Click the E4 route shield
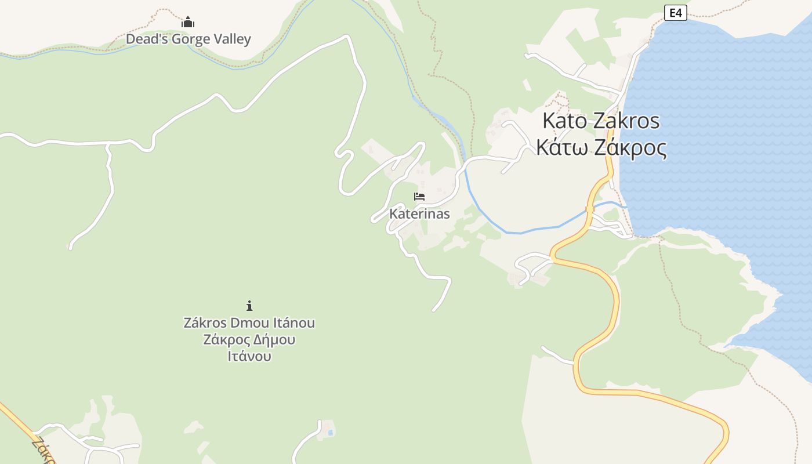(675, 12)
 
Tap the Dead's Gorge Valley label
(188, 39)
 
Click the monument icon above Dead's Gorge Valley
(188, 23)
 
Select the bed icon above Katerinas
(419, 197)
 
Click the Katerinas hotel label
(419, 213)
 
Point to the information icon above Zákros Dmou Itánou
(249, 306)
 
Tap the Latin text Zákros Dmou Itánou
(249, 322)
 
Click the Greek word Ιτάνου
(249, 356)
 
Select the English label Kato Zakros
(601, 121)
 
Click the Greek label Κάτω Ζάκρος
(601, 148)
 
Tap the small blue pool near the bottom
(330, 433)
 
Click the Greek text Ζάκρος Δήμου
(249, 339)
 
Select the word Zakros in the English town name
(628, 121)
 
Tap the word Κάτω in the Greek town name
(559, 148)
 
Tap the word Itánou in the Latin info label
(293, 322)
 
